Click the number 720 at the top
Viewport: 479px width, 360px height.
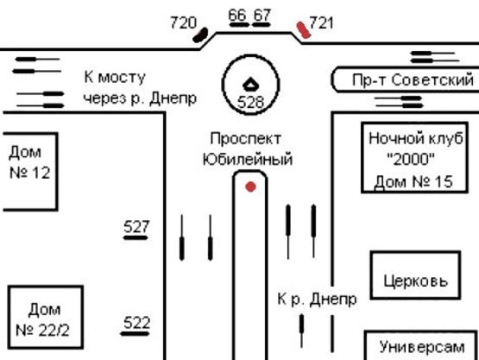coord(183,22)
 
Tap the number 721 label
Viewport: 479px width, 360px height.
coord(321,23)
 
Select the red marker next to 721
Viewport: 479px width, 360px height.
coord(302,30)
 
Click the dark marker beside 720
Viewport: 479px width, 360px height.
coord(201,35)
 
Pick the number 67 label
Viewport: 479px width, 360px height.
coord(262,16)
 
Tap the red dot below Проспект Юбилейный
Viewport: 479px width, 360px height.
coord(250,186)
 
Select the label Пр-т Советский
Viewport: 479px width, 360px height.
coord(413,81)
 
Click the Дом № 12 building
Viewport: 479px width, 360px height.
coord(28,170)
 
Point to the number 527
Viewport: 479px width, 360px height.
coord(136,227)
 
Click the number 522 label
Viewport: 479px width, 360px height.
coord(136,323)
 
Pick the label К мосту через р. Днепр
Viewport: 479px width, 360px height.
coord(138,87)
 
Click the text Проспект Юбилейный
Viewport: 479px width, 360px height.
coord(248,148)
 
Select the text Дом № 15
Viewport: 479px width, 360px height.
coord(413,182)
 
